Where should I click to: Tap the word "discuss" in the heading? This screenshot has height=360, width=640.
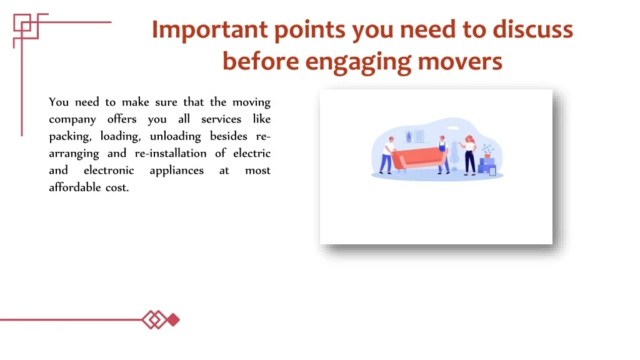tap(532, 29)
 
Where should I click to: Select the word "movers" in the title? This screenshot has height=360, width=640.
tap(460, 62)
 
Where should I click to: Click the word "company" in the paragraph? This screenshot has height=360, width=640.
tap(72, 119)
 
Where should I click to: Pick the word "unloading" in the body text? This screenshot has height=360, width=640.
tap(175, 136)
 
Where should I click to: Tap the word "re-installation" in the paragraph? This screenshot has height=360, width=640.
tap(171, 153)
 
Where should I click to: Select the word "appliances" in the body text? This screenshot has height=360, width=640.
tap(176, 171)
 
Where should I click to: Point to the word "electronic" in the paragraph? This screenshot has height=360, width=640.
tap(109, 170)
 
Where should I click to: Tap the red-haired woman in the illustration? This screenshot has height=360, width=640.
tap(468, 155)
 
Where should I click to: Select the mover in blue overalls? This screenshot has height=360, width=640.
tap(442, 155)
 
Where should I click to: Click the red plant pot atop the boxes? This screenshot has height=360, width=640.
tap(487, 156)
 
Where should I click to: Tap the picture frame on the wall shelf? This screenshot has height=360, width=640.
tap(419, 136)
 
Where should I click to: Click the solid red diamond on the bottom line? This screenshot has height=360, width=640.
tap(174, 319)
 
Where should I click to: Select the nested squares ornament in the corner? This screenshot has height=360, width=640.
tap(26, 26)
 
